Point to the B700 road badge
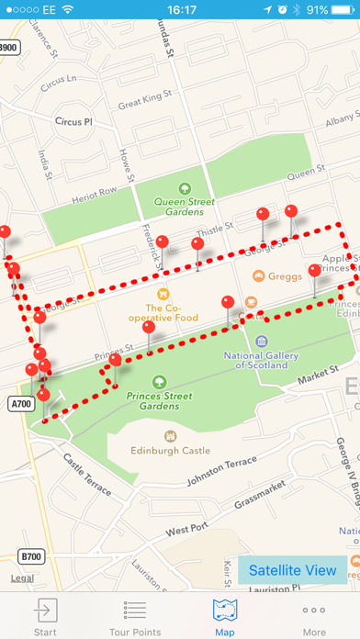coord(32,556)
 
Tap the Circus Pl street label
coord(74,121)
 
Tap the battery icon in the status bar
coord(343,10)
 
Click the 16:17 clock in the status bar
coord(180,10)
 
